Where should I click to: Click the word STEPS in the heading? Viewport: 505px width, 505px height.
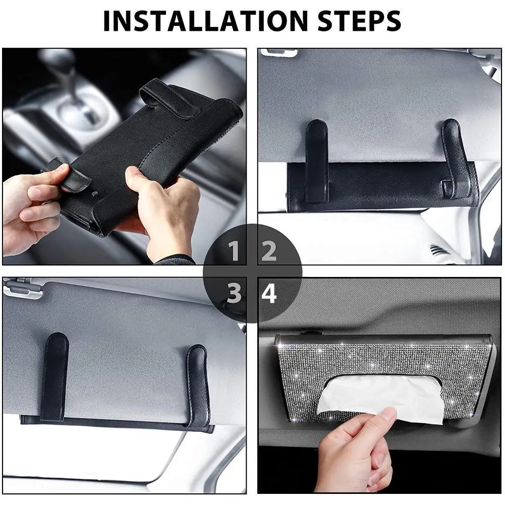[359, 21]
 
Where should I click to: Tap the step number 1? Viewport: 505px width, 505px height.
[233, 251]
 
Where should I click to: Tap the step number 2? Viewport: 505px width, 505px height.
[269, 251]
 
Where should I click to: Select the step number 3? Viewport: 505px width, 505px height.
[234, 293]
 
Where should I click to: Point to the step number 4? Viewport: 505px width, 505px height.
[269, 293]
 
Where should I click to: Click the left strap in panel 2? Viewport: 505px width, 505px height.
[317, 161]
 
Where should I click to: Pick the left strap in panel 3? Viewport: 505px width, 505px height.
[55, 376]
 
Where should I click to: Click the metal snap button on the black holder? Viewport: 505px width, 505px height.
[94, 194]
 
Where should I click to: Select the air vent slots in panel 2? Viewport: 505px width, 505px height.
[437, 250]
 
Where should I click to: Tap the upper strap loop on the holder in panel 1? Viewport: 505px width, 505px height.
[170, 98]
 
